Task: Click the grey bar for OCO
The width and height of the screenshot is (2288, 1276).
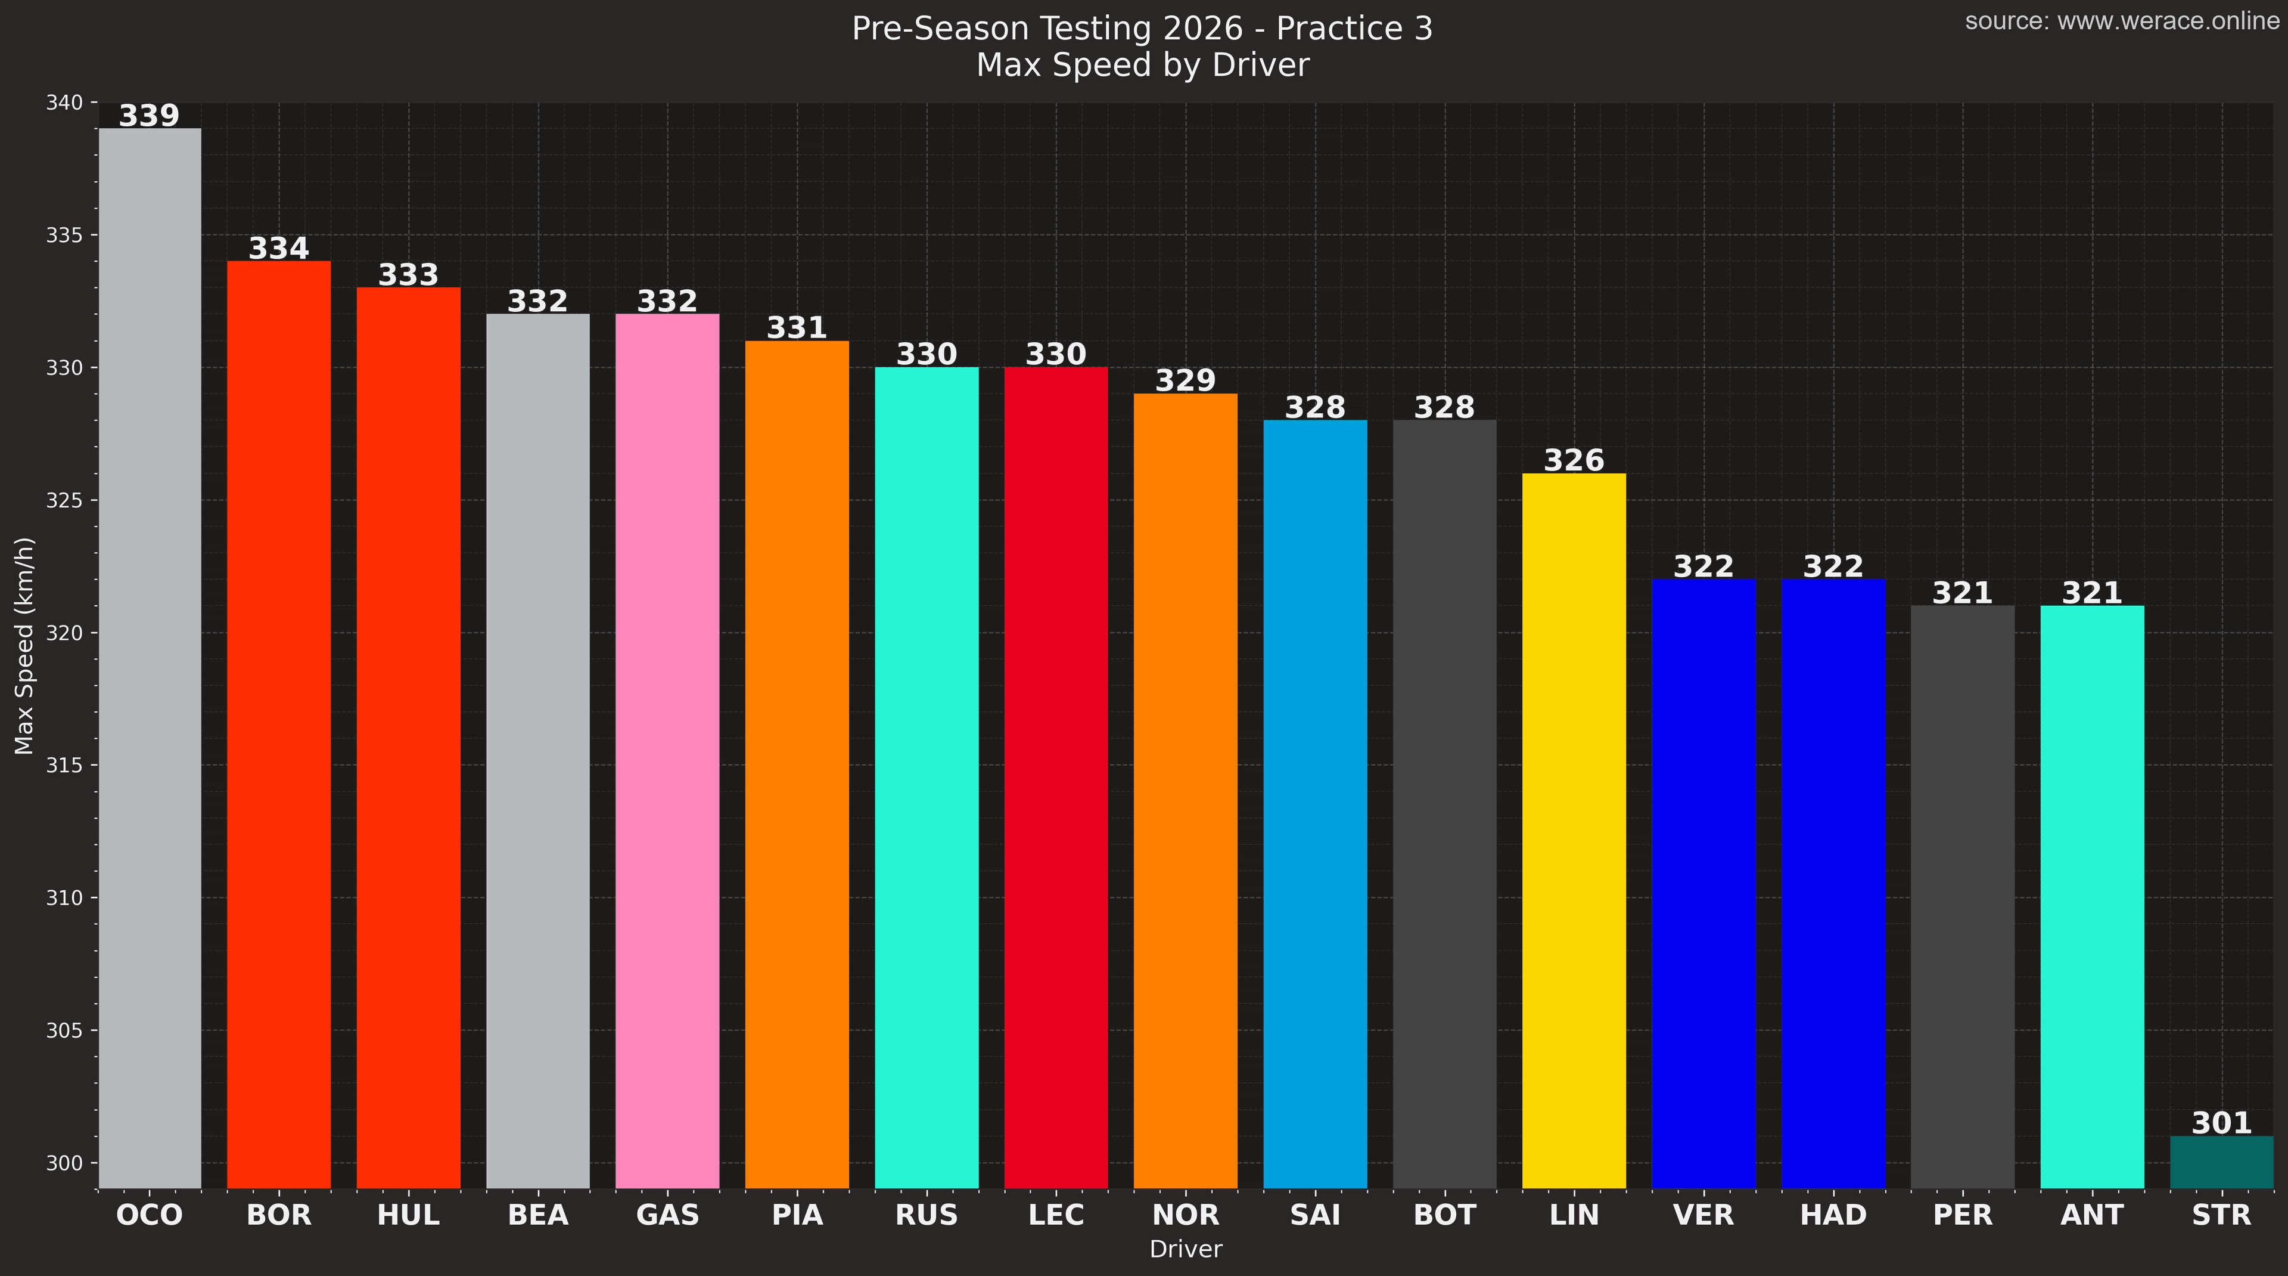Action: pyautogui.click(x=149, y=658)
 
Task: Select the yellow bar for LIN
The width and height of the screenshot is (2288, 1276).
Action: pyautogui.click(x=1574, y=831)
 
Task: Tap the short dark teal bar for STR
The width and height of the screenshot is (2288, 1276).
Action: pyautogui.click(x=2221, y=1162)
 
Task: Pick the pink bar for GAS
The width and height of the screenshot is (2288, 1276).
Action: pyautogui.click(x=667, y=751)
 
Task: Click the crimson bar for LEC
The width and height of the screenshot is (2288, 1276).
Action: pyautogui.click(x=1056, y=778)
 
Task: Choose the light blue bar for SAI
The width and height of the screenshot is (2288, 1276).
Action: pyautogui.click(x=1314, y=804)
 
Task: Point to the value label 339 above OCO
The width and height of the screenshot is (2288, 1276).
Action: pyautogui.click(x=149, y=116)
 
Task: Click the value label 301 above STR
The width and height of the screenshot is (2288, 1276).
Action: pyautogui.click(x=2221, y=1123)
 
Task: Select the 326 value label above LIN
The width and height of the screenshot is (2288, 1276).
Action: pyautogui.click(x=1574, y=460)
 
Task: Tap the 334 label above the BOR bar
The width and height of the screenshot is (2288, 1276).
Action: pyautogui.click(x=279, y=249)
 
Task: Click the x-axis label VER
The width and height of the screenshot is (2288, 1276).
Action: pyautogui.click(x=1703, y=1215)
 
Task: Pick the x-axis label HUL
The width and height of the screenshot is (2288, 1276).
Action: pyautogui.click(x=409, y=1215)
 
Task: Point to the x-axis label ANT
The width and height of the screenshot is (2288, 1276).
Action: pyautogui.click(x=2092, y=1215)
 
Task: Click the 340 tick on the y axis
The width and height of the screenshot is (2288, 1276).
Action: pyautogui.click(x=64, y=103)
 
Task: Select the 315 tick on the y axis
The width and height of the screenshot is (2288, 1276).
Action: pyautogui.click(x=64, y=765)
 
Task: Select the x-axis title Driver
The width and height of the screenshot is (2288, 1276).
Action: pyautogui.click(x=1186, y=1249)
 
